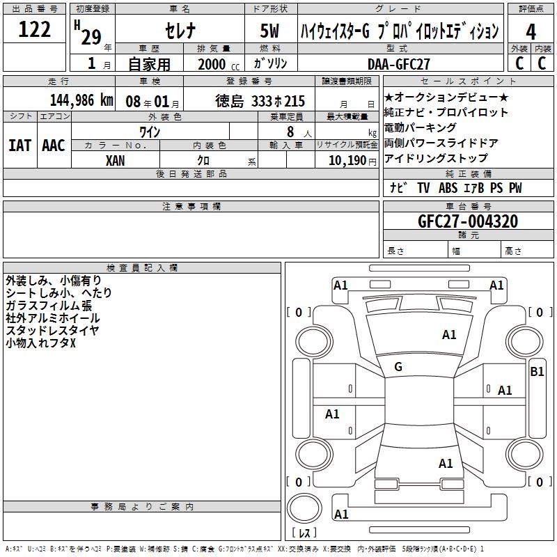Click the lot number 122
point(34,30)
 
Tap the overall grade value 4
point(531,32)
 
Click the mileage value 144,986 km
point(81,100)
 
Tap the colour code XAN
point(116,160)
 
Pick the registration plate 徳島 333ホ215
point(260,101)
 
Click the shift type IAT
point(19,145)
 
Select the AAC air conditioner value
point(53,145)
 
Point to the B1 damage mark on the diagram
point(537,372)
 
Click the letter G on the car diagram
point(398,367)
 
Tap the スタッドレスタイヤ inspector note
point(52,330)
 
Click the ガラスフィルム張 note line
point(48,306)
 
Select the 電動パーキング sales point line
point(420,128)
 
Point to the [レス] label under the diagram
point(304,534)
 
